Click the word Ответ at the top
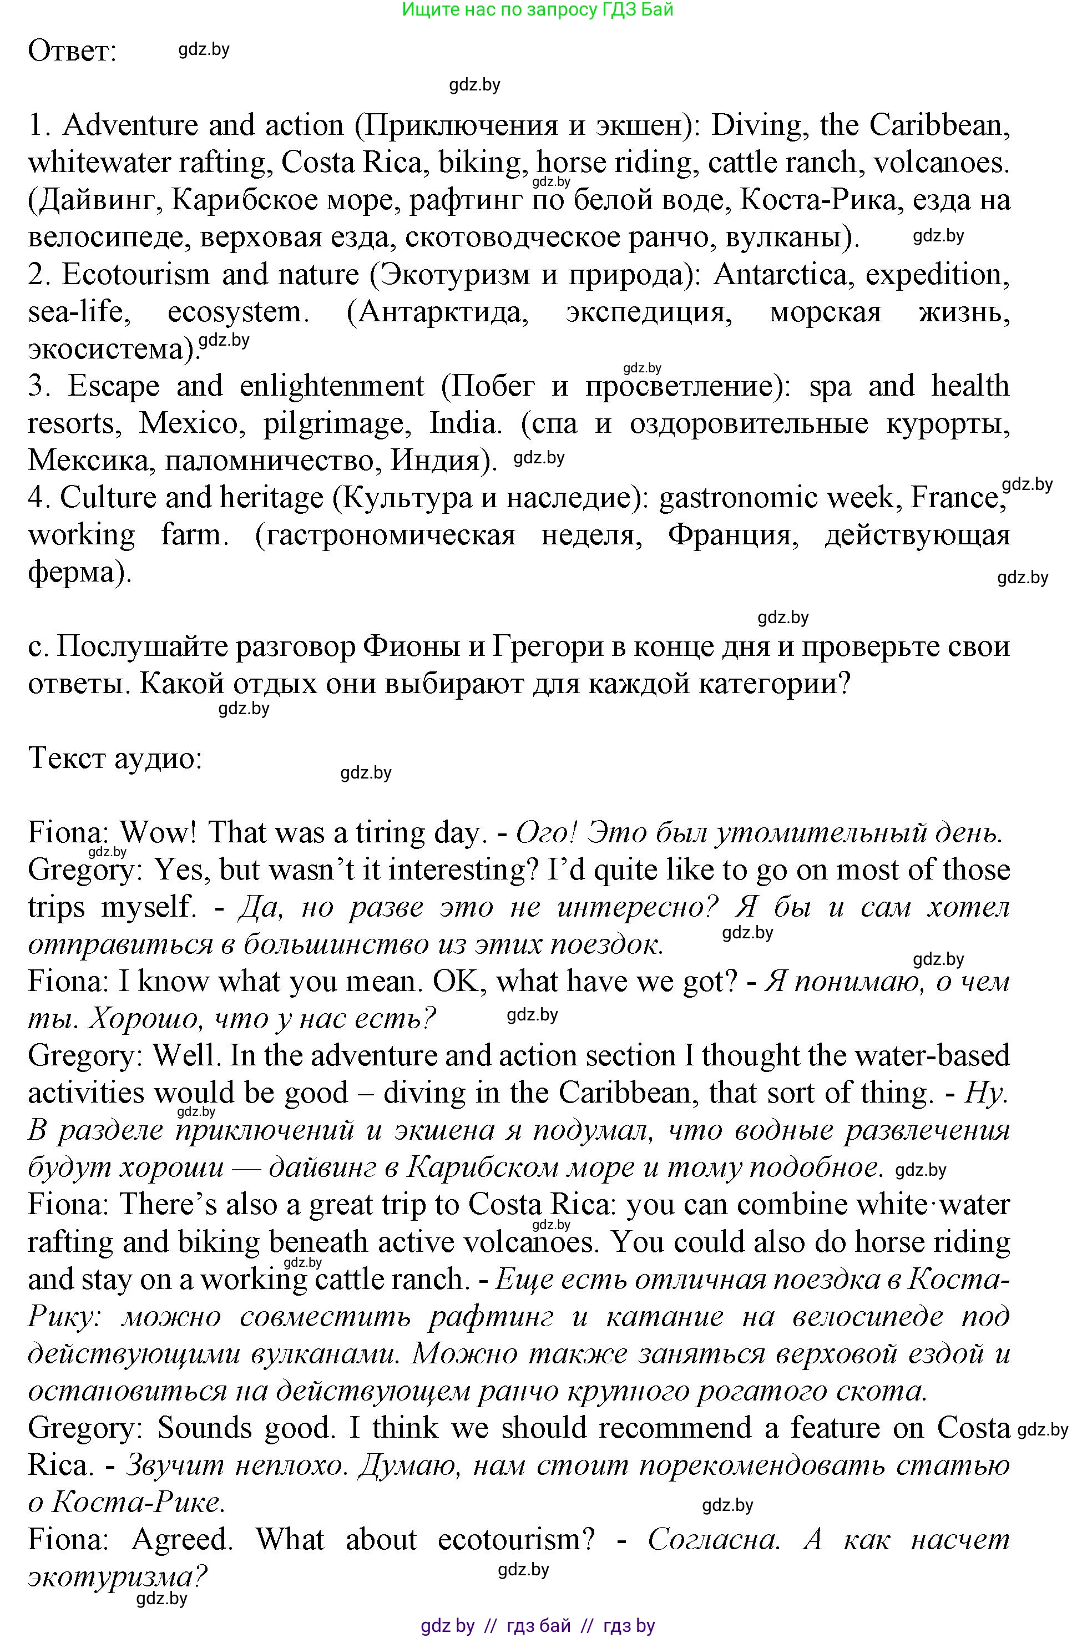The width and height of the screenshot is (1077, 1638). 72,52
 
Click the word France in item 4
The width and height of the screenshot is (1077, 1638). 954,498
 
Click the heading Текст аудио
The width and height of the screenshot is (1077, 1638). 115,758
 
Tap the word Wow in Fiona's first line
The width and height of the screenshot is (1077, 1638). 159,833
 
